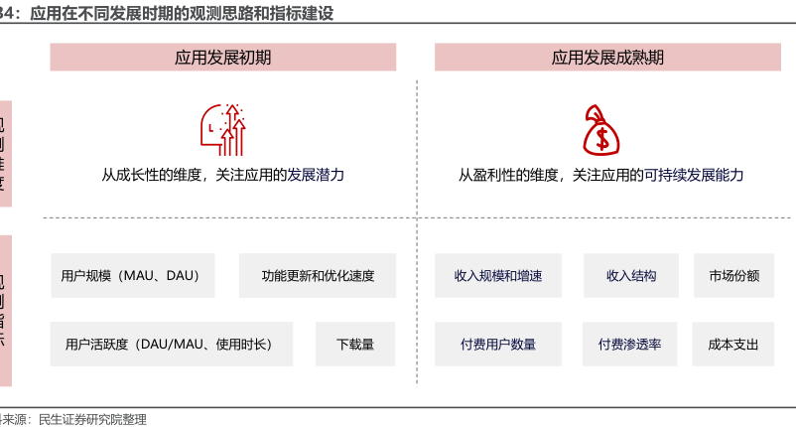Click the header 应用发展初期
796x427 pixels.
tap(223, 58)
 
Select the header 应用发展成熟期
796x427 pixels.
tap(607, 58)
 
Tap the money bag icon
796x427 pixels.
tap(601, 129)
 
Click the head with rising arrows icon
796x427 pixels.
tap(223, 129)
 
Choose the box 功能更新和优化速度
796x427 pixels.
tap(318, 276)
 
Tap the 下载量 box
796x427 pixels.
tap(354, 345)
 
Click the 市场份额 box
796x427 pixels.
tap(733, 276)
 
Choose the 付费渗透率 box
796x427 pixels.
tap(629, 345)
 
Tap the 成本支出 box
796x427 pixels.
tap(733, 345)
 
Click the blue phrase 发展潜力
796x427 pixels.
tap(316, 175)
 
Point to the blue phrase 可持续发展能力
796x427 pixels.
tap(693, 175)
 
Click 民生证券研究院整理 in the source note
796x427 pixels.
tap(92, 419)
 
